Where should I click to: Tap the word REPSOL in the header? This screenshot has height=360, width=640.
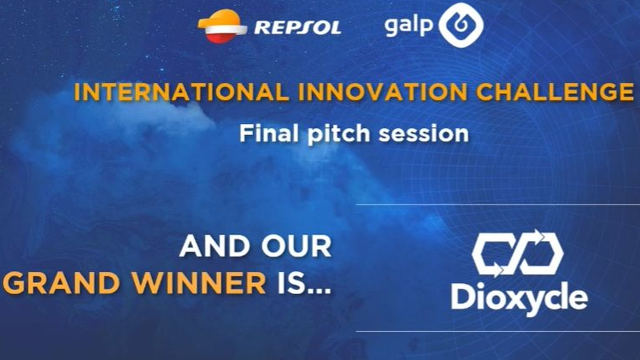tap(297, 27)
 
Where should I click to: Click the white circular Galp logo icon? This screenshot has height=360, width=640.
tap(461, 27)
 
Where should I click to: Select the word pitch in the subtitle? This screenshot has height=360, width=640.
tap(338, 135)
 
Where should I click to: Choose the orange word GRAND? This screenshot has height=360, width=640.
tap(62, 284)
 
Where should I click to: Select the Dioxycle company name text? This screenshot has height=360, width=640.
tap(519, 299)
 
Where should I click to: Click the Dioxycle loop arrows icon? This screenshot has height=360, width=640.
tap(518, 254)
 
